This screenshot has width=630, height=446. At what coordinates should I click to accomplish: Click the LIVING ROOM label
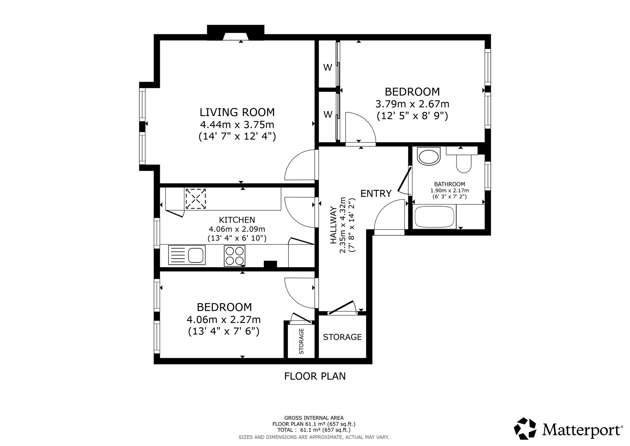[x=237, y=112]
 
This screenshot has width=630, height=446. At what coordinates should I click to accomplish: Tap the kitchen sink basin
[x=196, y=255]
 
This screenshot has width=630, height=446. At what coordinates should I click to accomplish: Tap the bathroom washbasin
[x=428, y=157]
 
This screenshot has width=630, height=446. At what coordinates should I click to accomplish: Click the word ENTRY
[x=376, y=193]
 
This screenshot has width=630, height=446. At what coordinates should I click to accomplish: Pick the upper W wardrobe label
[x=328, y=67]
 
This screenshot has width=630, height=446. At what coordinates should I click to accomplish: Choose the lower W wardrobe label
[x=328, y=114]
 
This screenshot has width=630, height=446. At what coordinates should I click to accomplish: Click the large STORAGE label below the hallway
[x=342, y=337]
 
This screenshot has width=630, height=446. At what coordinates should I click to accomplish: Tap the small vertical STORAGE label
[x=301, y=341]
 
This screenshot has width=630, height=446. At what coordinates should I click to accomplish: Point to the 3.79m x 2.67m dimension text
[x=412, y=104]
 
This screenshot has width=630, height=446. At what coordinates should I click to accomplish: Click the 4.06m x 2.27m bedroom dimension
[x=224, y=320]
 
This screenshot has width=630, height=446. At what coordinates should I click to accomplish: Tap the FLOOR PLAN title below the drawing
[x=315, y=376]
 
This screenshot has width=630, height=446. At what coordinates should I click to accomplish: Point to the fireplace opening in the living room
[x=236, y=37]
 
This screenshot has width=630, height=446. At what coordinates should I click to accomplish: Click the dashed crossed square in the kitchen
[x=196, y=199]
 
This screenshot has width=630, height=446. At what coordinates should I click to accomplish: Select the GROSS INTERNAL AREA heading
[x=314, y=418]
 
